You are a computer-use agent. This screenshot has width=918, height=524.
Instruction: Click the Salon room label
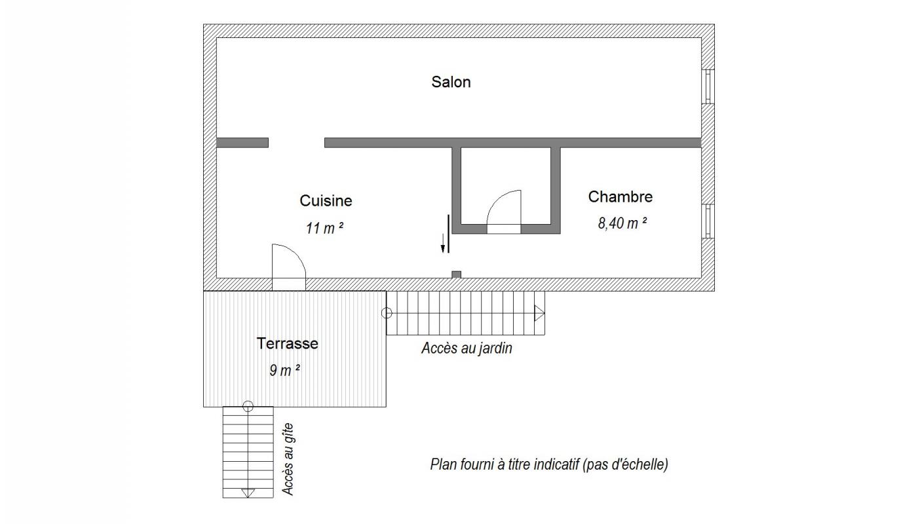[451, 82]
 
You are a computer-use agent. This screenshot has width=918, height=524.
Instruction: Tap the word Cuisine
[326, 200]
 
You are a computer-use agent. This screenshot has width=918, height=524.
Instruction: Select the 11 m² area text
[324, 228]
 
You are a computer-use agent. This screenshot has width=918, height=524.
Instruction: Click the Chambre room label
[620, 196]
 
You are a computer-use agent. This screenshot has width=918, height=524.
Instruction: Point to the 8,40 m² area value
[622, 223]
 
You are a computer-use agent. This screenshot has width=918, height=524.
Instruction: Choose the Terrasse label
[287, 343]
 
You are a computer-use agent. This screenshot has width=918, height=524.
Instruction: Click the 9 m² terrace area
[284, 370]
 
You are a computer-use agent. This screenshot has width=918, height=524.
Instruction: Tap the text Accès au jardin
[467, 348]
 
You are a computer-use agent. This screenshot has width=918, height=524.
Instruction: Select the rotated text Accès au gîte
[288, 459]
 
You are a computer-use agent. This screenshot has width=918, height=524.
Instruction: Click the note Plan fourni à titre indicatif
[549, 464]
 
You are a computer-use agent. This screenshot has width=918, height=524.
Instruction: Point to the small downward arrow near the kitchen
[442, 243]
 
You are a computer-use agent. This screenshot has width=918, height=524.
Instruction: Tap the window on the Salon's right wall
[708, 86]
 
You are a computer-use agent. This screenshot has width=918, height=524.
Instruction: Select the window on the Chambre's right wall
[708, 221]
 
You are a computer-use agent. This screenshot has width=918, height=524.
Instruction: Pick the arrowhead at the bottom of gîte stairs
[248, 493]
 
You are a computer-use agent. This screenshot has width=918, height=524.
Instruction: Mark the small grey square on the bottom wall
[456, 275]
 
